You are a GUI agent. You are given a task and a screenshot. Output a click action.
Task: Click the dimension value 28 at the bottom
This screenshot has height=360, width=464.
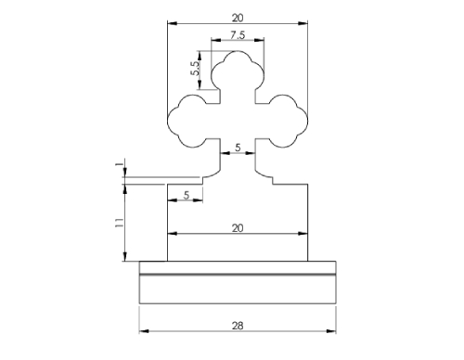[237, 325]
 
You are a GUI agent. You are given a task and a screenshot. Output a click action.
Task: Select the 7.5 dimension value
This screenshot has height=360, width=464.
[237, 34]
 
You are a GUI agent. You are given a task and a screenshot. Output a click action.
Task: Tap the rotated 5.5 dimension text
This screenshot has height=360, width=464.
[195, 69]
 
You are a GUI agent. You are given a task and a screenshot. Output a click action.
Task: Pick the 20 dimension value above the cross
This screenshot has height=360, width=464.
[237, 17]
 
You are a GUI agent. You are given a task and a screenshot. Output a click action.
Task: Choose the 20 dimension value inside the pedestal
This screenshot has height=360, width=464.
[237, 226]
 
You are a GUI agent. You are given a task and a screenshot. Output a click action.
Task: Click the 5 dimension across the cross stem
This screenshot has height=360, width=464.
[238, 148]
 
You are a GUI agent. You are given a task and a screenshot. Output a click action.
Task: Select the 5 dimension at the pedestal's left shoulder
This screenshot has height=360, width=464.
[187, 194]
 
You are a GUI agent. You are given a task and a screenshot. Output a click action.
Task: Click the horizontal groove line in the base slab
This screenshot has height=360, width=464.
[237, 276]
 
